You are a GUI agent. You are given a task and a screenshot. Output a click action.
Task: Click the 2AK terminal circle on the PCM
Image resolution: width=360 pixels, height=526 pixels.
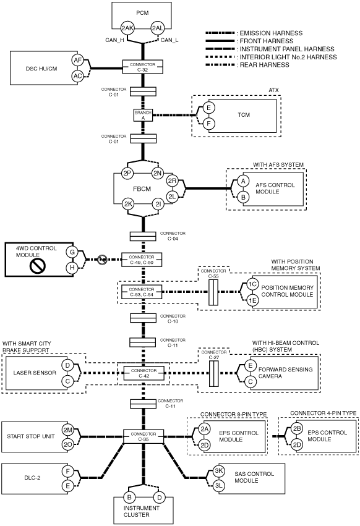(x=127, y=28)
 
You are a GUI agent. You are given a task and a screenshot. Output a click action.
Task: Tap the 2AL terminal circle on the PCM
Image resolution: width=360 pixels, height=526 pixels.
(x=157, y=28)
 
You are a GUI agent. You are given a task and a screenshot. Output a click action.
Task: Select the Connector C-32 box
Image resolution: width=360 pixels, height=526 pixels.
(x=142, y=67)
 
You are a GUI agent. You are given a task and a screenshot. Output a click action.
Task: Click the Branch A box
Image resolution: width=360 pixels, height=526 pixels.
(x=143, y=115)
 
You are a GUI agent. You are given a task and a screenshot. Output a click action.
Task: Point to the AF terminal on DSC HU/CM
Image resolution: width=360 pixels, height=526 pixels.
(x=77, y=61)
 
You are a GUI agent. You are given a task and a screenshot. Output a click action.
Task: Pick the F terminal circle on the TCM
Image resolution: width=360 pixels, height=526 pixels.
(x=209, y=124)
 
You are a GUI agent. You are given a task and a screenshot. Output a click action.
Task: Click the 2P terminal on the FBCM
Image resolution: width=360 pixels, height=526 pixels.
(x=127, y=174)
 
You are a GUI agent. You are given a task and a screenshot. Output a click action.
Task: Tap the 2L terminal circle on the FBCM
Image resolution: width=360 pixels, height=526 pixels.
(x=173, y=197)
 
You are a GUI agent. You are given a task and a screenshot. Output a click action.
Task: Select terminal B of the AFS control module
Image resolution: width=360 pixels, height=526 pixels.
(x=243, y=197)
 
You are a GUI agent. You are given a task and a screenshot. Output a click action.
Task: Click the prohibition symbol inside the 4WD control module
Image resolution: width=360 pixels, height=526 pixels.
(x=37, y=266)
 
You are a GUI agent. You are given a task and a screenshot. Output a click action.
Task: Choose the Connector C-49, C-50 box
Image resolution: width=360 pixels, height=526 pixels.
(x=142, y=260)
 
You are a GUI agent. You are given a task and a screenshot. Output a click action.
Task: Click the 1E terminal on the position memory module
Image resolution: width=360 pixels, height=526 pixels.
(x=252, y=300)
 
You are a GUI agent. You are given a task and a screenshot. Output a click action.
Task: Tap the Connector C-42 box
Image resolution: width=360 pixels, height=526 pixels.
(x=144, y=373)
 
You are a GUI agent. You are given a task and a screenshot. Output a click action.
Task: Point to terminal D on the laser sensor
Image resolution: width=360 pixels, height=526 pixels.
(x=68, y=365)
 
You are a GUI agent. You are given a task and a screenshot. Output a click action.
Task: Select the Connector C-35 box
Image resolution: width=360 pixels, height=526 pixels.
(x=144, y=436)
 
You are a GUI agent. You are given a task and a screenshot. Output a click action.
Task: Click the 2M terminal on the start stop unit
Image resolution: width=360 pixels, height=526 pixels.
(x=68, y=430)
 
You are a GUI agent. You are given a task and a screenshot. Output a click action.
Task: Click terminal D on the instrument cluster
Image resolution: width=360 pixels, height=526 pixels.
(x=160, y=498)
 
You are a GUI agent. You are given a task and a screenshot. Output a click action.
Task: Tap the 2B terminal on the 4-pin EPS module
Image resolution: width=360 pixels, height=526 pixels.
(x=296, y=428)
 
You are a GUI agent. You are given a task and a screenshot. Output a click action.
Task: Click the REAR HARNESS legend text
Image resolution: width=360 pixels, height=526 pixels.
(x=264, y=65)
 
